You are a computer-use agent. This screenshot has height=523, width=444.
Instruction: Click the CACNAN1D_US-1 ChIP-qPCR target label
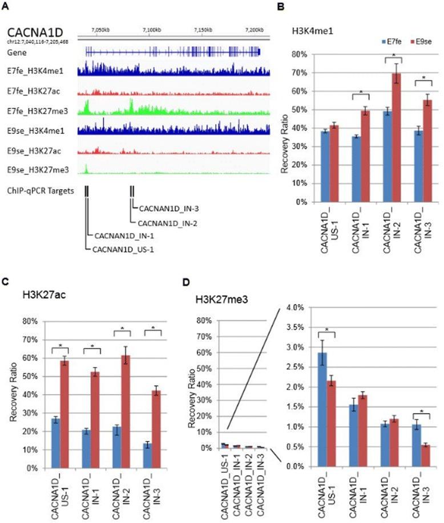pos(119,250)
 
